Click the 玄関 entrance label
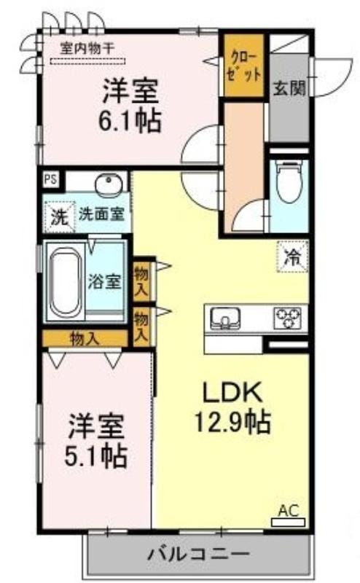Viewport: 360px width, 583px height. (289, 88)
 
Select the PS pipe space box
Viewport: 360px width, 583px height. (51, 179)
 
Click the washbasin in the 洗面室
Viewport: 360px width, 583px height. (109, 184)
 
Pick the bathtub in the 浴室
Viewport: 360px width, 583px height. (66, 283)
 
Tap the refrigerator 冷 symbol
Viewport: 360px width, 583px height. (292, 257)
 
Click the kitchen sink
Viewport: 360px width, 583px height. (224, 318)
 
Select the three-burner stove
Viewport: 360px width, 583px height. (287, 318)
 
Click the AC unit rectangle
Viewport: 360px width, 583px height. (288, 523)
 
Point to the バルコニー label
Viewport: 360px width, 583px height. (198, 555)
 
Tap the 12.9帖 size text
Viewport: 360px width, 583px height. (232, 422)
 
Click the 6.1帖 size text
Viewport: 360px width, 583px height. (130, 121)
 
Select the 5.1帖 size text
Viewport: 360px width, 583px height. (96, 455)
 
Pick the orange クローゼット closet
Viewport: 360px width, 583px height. (243, 66)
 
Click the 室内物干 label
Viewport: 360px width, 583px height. (87, 48)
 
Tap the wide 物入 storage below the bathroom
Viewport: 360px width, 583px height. (85, 339)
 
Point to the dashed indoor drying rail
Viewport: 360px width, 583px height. (87, 61)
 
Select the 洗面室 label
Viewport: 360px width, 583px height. (101, 214)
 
